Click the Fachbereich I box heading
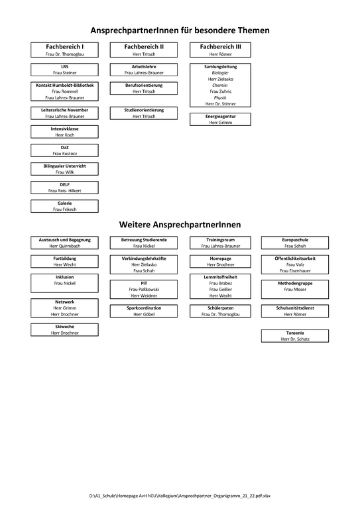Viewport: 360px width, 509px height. pyautogui.click(x=64, y=47)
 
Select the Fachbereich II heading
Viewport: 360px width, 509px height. pyautogui.click(x=144, y=47)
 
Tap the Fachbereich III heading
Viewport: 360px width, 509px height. pyautogui.click(x=220, y=47)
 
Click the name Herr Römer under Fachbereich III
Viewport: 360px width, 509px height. pyautogui.click(x=220, y=54)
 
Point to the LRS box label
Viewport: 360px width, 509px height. pyautogui.click(x=64, y=66)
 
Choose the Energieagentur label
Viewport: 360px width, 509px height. pyautogui.click(x=220, y=116)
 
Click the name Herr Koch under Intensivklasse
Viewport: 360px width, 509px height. pyautogui.click(x=64, y=135)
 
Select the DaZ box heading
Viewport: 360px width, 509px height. pyautogui.click(x=64, y=147)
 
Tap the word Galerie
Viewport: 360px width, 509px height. pyautogui.click(x=64, y=203)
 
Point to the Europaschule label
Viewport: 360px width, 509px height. pyautogui.click(x=295, y=239)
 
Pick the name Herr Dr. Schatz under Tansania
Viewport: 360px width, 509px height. pyautogui.click(x=295, y=339)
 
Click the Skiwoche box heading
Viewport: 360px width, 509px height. pyautogui.click(x=64, y=326)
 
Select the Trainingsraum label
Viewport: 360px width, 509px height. pyautogui.click(x=220, y=239)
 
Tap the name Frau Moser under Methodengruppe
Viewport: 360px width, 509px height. pyautogui.click(x=295, y=289)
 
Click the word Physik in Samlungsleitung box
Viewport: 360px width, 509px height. pyautogui.click(x=220, y=97)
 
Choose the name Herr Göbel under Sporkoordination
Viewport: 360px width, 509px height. pyautogui.click(x=144, y=314)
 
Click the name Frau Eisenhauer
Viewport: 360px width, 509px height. pyautogui.click(x=295, y=270)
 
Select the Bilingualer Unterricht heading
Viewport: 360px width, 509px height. pyautogui.click(x=64, y=166)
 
